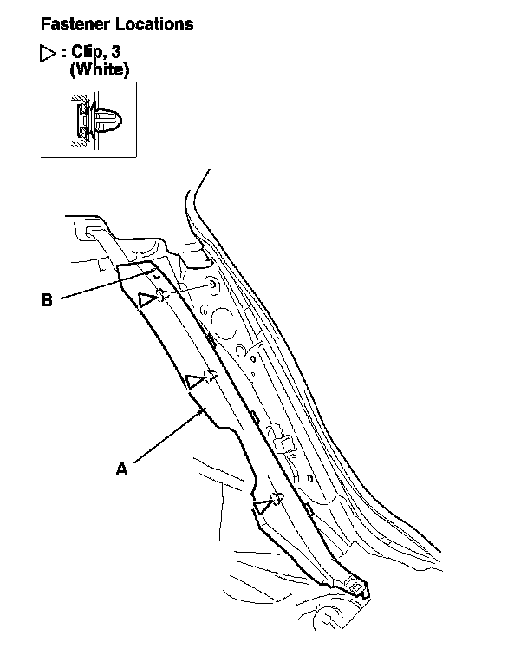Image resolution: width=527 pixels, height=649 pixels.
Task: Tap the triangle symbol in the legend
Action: pyautogui.click(x=48, y=55)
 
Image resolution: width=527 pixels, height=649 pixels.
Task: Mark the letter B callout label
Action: pyautogui.click(x=47, y=301)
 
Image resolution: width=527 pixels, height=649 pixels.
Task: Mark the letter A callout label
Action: pyautogui.click(x=121, y=468)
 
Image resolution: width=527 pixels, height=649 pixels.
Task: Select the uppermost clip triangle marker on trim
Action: pyautogui.click(x=147, y=299)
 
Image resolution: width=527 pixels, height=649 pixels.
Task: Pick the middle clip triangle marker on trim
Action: pyautogui.click(x=196, y=380)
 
